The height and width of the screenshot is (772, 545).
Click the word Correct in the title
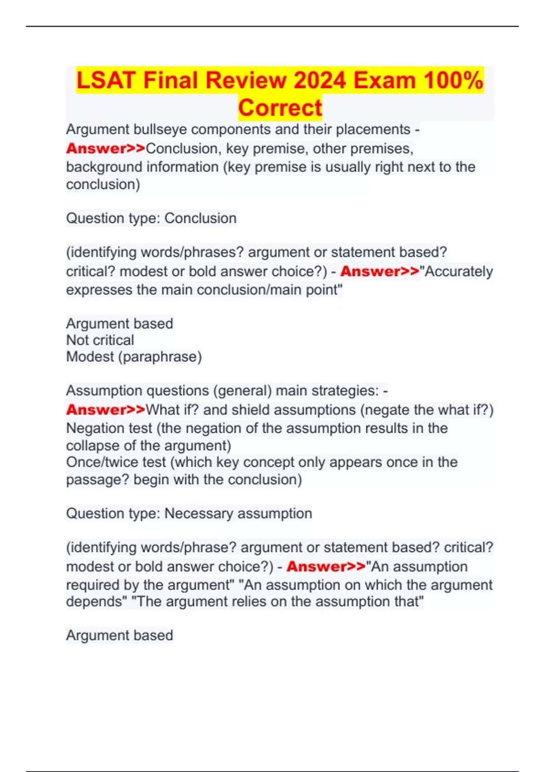280,108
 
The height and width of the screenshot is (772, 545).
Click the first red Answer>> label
105,148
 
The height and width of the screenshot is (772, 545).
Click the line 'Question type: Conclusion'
151,218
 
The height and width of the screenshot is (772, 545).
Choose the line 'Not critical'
100,340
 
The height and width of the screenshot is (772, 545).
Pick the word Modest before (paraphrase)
90,357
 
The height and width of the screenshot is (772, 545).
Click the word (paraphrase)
160,357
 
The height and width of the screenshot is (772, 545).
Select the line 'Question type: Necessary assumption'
189,514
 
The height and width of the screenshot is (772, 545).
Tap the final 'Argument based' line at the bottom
119,635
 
